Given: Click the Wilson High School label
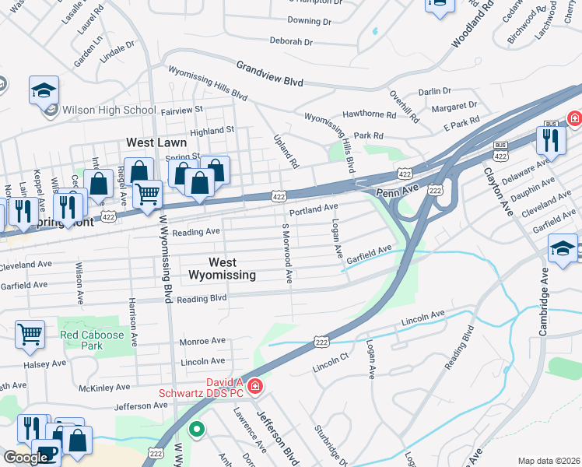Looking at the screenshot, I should (x=109, y=110).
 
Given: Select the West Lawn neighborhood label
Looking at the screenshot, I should (x=156, y=143).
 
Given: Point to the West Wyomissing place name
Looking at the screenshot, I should (x=222, y=269).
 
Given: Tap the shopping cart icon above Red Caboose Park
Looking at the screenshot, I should (x=30, y=334).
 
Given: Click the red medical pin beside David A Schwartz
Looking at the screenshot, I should (x=255, y=386).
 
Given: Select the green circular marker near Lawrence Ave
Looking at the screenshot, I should (x=198, y=427).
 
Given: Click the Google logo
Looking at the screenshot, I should (x=25, y=457).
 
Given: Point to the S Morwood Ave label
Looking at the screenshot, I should (x=287, y=254).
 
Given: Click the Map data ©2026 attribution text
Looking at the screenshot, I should (x=549, y=461).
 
